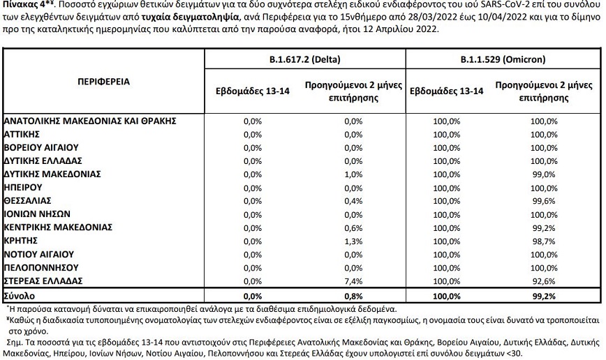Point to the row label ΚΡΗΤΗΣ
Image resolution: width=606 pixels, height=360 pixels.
(x=24, y=241)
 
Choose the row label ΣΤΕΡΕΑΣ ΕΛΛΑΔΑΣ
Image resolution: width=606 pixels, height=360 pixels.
(x=44, y=280)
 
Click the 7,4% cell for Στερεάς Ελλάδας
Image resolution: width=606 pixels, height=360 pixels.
(x=353, y=280)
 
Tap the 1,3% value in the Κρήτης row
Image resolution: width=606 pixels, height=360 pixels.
(x=353, y=241)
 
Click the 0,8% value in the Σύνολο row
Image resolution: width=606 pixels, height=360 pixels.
(x=353, y=295)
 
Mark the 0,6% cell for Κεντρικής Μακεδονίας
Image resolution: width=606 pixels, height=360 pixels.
(x=353, y=227)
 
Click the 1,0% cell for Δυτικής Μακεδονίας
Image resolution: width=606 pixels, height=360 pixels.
(x=353, y=174)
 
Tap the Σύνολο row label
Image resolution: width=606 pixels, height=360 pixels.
(x=19, y=295)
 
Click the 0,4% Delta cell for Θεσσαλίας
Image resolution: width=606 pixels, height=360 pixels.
(x=353, y=201)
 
